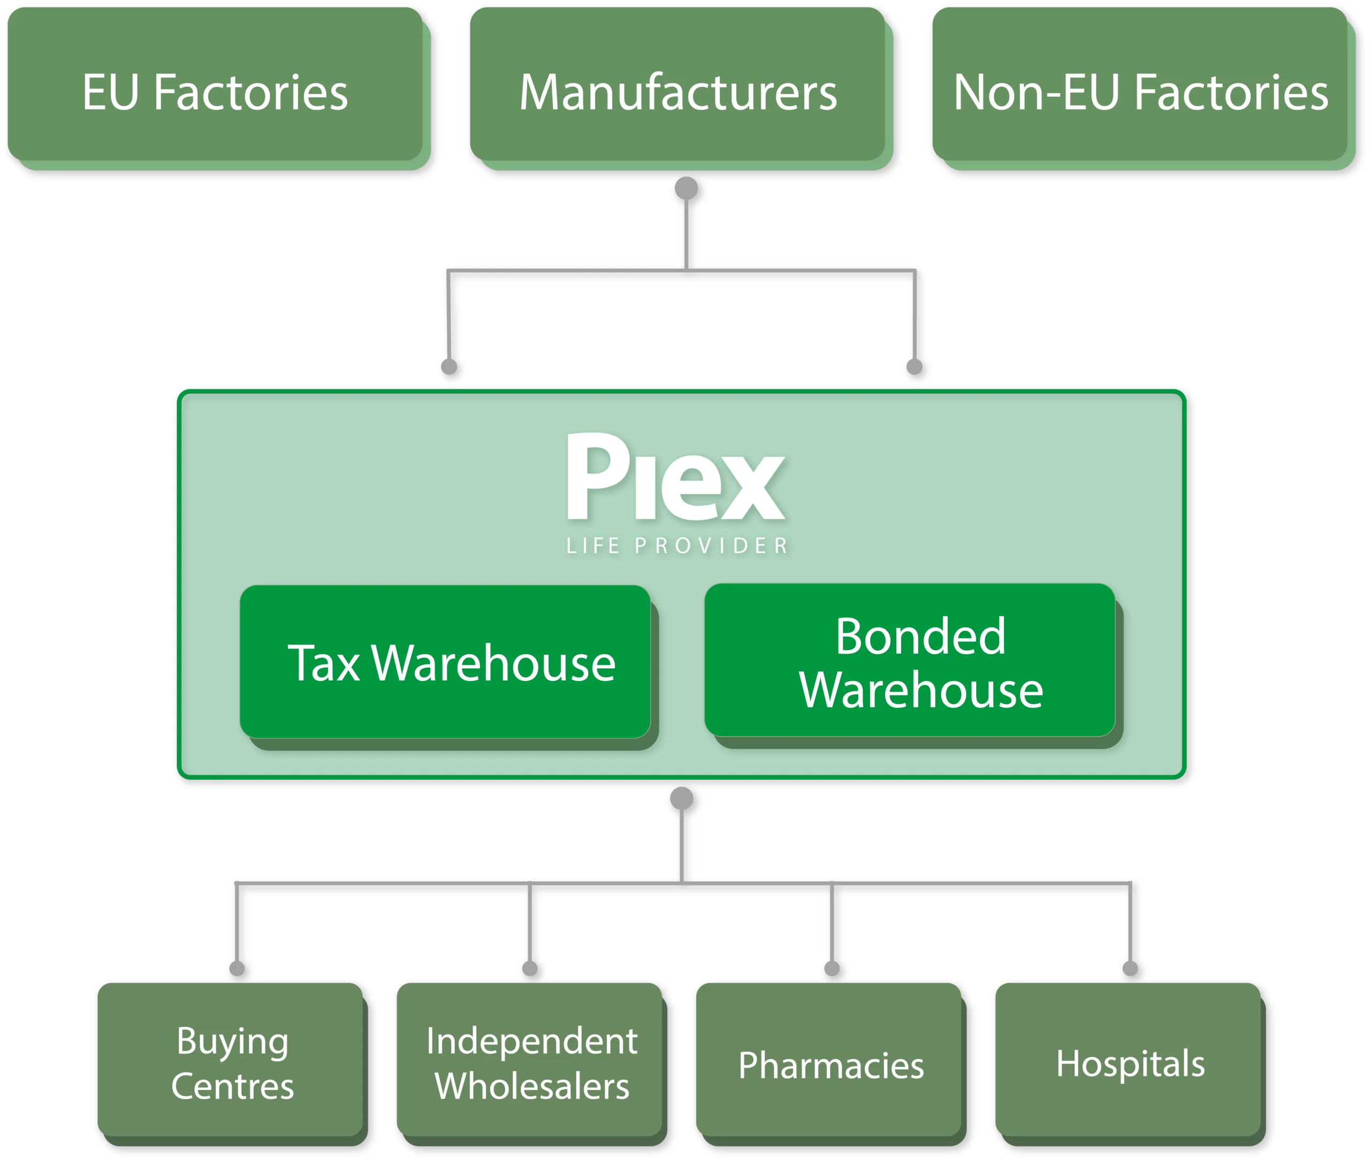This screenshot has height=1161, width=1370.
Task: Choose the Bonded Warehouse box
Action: tap(910, 661)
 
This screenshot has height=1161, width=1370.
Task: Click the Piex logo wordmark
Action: tap(676, 477)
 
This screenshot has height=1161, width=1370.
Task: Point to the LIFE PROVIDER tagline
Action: tap(678, 546)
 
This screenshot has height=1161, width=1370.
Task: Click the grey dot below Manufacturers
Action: tap(686, 188)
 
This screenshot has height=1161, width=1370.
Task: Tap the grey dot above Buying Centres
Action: tap(237, 968)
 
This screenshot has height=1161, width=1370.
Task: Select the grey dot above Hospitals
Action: tap(1130, 968)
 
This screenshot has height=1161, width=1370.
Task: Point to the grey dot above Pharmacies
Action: tap(832, 968)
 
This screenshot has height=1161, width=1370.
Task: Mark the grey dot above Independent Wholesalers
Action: tap(530, 968)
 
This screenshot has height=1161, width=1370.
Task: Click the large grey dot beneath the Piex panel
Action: tap(681, 798)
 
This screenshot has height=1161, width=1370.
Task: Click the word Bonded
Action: tap(920, 637)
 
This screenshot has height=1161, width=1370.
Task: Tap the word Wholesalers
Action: tap(532, 1086)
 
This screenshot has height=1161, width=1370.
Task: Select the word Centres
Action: tap(232, 1086)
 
